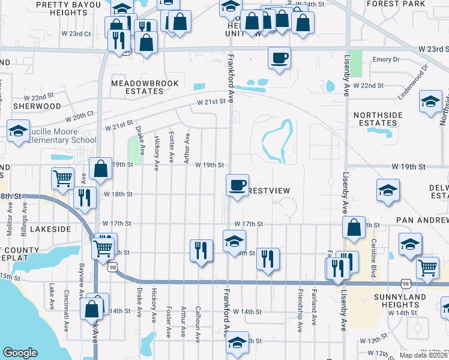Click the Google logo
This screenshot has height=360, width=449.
coord(20,352)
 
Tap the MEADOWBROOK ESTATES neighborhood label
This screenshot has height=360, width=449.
coord(137,87)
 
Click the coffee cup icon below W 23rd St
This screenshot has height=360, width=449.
coord(279,58)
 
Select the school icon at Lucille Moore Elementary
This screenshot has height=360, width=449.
coord(18,131)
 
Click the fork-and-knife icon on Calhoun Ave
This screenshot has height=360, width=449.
coord(201,249)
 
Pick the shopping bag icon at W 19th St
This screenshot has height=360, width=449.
coord(101,168)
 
